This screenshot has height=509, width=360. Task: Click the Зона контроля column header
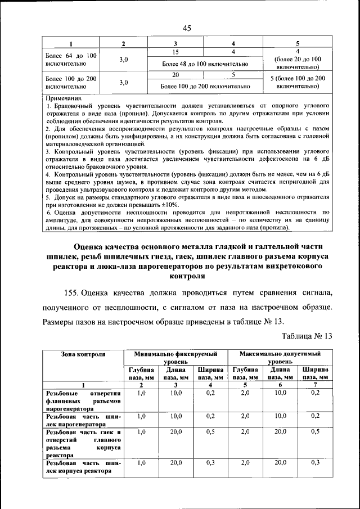tap(83, 354)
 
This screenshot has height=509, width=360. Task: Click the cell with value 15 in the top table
tap(175, 52)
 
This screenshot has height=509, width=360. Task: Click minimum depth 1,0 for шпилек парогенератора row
tap(141, 416)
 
